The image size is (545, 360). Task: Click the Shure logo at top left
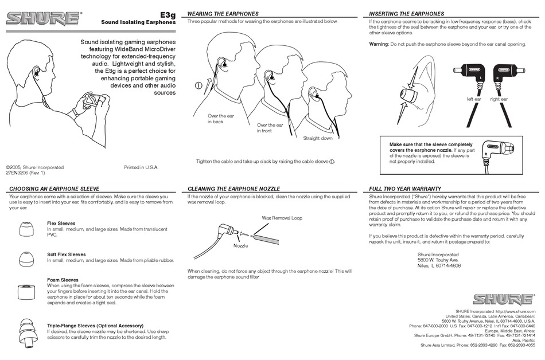44,18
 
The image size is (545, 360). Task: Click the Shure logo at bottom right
503,299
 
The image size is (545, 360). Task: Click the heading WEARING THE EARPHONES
223,13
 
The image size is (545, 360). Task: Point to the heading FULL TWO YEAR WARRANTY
404,189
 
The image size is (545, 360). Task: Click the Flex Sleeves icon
25,230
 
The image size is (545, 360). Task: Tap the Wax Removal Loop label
282,218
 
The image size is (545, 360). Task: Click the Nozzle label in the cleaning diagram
240,245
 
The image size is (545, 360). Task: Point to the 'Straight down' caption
318,138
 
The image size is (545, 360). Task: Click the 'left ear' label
474,99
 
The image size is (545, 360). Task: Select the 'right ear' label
499,99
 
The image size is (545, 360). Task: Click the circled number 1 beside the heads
198,86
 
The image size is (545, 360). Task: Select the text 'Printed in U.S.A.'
141,167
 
